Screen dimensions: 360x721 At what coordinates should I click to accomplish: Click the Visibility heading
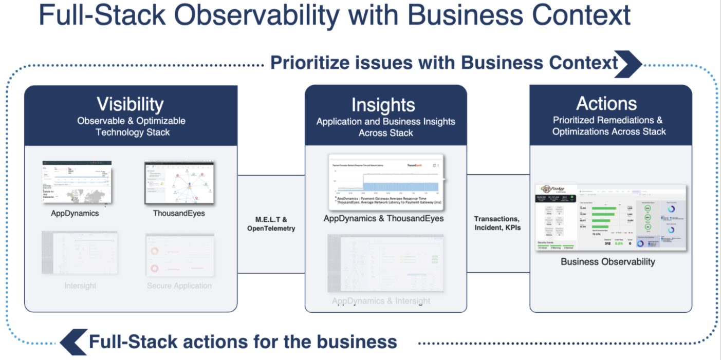click(x=131, y=104)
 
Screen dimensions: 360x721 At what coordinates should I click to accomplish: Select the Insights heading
click(x=383, y=105)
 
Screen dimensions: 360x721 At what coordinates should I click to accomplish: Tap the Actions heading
click(x=606, y=104)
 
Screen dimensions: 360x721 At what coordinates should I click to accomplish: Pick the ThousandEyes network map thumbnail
click(x=179, y=183)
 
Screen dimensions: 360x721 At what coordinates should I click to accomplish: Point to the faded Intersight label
click(x=80, y=286)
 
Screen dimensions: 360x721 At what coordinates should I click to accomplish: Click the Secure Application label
click(x=179, y=286)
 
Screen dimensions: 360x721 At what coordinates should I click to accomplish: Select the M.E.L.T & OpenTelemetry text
click(x=271, y=224)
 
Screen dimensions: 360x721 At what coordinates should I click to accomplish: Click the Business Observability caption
click(x=607, y=262)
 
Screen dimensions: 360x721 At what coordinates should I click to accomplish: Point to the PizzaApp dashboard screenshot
click(x=611, y=218)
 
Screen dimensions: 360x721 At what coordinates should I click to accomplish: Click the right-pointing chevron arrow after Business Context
click(x=628, y=63)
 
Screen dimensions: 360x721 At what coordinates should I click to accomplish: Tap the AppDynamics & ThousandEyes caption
click(x=383, y=219)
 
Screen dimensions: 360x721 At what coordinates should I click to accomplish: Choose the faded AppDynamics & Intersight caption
click(x=381, y=301)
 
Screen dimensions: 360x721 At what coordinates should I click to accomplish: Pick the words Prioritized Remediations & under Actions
click(x=607, y=120)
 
